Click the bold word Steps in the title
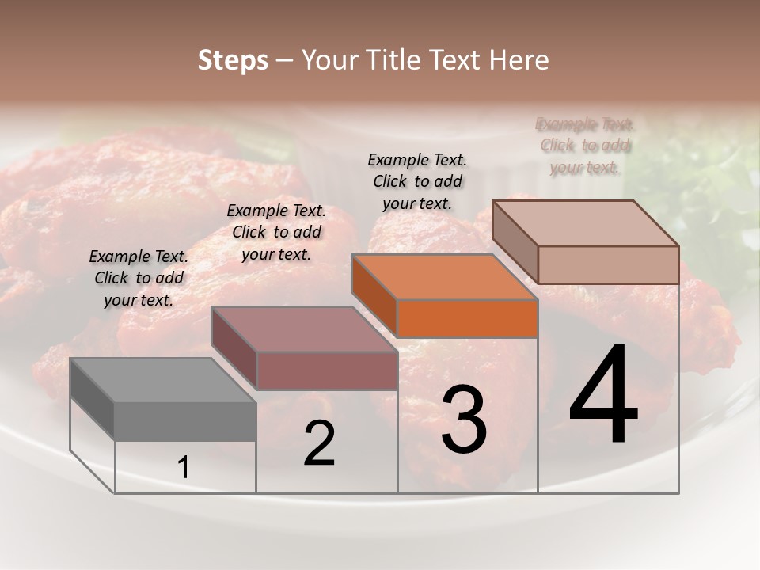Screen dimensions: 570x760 tap(233, 60)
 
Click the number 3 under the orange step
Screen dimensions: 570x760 tap(464, 420)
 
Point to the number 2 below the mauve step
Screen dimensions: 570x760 tap(319, 443)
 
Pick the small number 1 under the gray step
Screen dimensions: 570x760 tap(184, 468)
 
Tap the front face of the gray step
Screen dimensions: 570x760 tap(185, 420)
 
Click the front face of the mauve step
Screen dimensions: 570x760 tap(327, 370)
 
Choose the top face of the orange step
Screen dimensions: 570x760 tap(444, 277)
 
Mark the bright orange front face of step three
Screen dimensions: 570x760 tap(467, 318)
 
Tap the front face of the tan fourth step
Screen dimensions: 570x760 tap(608, 264)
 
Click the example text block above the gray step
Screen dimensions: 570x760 tap(139, 278)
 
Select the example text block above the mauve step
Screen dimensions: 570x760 tap(276, 232)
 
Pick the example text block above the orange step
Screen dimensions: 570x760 tap(417, 181)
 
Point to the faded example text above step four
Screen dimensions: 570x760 tap(585, 146)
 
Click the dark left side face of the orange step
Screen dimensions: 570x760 tap(374, 294)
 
